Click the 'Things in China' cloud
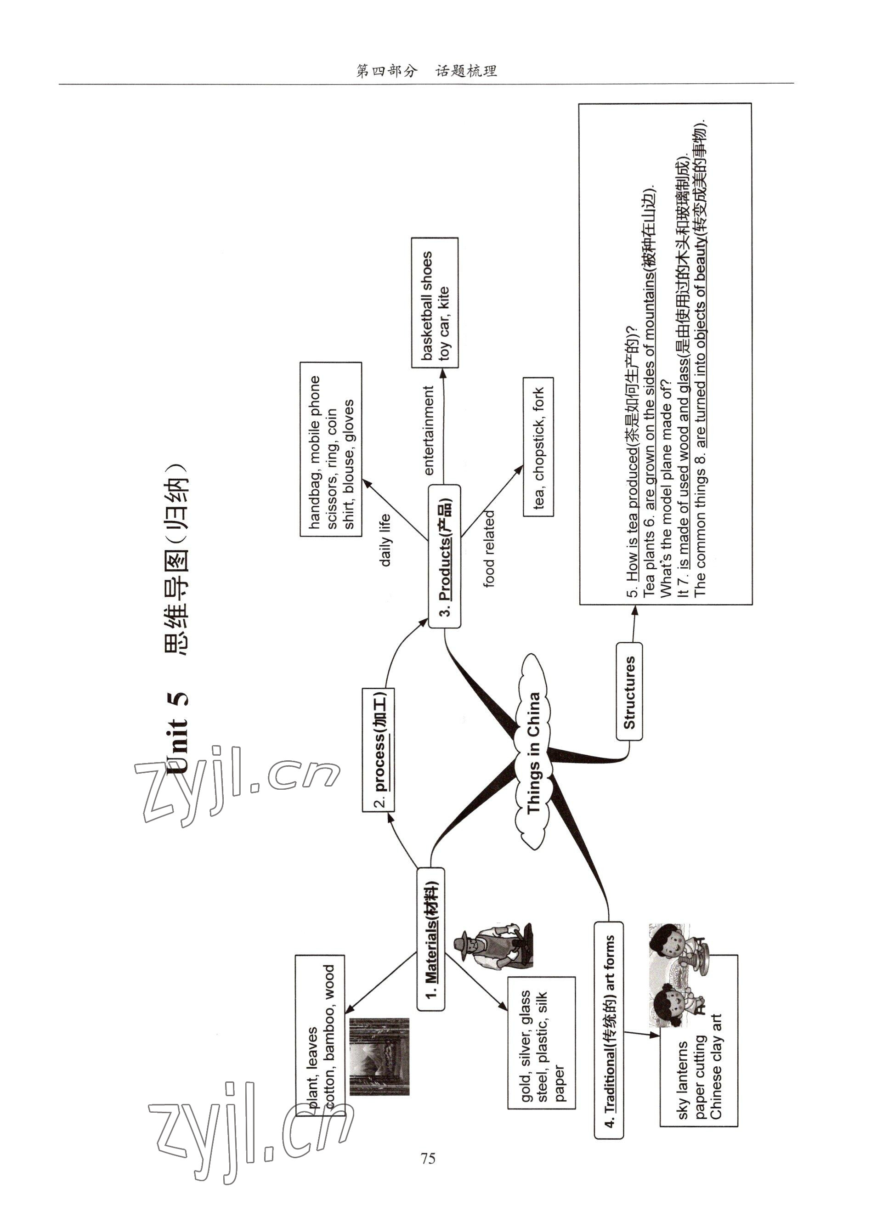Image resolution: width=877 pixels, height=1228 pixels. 532,753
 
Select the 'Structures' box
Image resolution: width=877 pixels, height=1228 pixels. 629,691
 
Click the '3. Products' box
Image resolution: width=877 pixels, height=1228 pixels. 444,556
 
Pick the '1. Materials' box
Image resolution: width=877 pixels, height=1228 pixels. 431,939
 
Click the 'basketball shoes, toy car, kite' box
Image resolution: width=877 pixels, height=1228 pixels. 435,303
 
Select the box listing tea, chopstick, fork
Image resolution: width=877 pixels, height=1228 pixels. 538,447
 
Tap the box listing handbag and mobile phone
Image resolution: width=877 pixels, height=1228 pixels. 330,449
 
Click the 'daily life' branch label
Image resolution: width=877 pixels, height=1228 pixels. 385,540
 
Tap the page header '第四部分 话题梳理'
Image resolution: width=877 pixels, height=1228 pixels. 427,71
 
